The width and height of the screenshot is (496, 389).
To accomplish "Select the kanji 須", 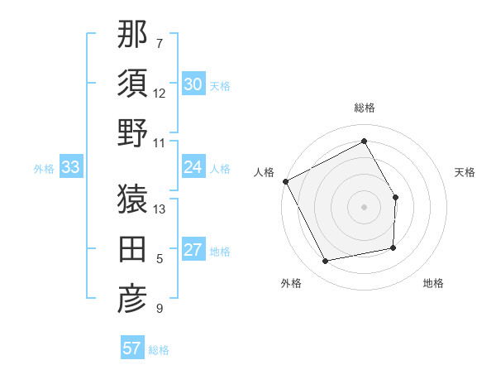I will point(133,84).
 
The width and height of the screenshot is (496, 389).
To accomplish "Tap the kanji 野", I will point(133,133).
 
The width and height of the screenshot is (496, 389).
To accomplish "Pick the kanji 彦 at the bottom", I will point(133,299).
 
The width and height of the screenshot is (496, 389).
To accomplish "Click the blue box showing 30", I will point(193,84).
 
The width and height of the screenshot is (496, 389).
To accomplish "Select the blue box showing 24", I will point(193,167).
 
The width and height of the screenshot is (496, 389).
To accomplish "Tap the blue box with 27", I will point(193,250).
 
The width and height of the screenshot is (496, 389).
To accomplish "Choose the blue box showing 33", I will point(70,168).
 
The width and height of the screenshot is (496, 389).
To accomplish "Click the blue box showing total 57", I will point(132,348).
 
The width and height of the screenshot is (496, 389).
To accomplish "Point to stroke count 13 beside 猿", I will point(160,209).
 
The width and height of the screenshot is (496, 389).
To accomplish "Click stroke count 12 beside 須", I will point(160,94).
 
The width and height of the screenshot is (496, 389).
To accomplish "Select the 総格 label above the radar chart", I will point(364,108).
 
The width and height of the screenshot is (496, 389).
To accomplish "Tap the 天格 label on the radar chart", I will point(465,172).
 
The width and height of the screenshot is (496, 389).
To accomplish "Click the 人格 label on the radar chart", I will point(264,172).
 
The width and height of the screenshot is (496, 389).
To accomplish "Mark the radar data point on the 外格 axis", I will point(326,261).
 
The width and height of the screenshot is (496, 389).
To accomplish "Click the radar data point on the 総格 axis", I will point(364,141).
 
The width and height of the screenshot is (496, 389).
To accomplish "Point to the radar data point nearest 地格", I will point(393,247).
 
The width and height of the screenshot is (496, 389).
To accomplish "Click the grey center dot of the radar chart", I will point(364,207).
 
